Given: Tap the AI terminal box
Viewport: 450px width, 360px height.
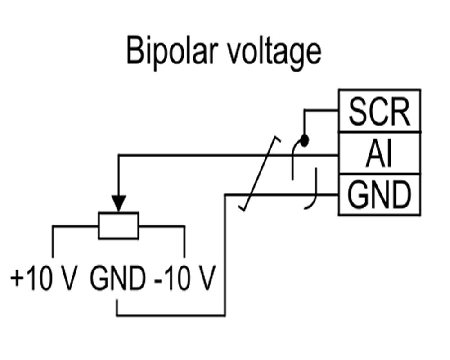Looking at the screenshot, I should (379, 153).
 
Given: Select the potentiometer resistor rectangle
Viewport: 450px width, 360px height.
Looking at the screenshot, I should (119, 225).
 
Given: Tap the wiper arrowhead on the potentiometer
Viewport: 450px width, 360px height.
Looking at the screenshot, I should (119, 203).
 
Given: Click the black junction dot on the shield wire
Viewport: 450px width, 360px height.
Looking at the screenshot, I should (305, 141).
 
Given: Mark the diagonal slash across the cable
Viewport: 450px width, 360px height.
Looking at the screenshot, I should (260, 173).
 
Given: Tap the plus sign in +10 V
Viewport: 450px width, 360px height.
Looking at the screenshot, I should (17, 280).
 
